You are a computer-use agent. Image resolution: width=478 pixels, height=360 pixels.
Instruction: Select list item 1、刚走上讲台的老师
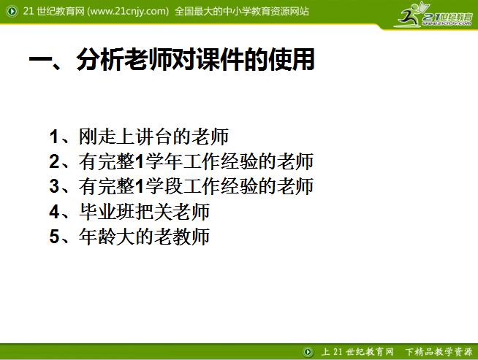pos(140,137)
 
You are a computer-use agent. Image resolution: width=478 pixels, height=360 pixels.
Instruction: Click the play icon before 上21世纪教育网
pos(309,351)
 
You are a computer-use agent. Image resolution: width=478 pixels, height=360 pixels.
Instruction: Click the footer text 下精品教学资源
pos(439,351)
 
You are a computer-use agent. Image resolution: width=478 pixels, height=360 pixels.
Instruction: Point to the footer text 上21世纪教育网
pos(352,351)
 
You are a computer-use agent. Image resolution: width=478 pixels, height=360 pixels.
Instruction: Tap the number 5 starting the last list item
pos(54,237)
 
